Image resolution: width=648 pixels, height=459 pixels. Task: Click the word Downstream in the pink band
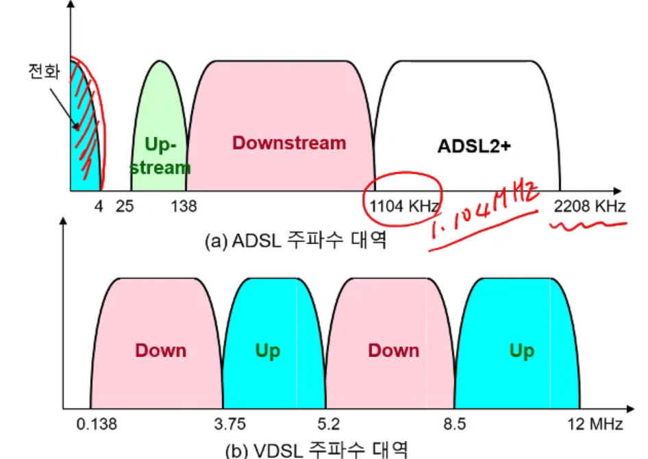click(289, 143)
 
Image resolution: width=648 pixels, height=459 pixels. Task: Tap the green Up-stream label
click(161, 156)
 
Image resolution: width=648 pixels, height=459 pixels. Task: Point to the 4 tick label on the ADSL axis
click(99, 206)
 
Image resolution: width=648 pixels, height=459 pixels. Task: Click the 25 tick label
click(125, 206)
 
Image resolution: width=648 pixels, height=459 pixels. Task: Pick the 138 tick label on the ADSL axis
click(184, 206)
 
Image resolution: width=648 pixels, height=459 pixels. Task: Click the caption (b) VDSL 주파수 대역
click(316, 450)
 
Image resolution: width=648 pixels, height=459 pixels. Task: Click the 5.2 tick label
click(327, 425)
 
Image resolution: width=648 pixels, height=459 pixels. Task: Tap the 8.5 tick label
click(454, 425)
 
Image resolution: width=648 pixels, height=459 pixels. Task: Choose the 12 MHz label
click(594, 425)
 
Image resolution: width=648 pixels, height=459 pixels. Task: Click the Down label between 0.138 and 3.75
click(160, 351)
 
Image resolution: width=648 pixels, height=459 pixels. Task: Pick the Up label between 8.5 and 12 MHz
click(521, 351)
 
